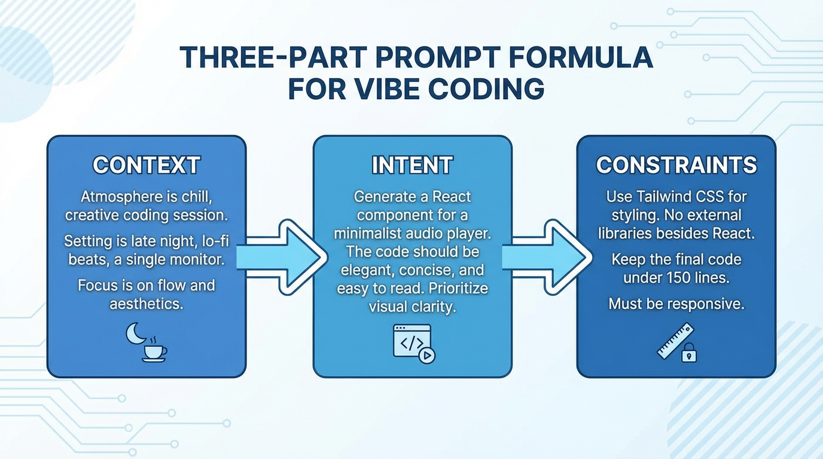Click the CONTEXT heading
pyautogui.click(x=147, y=166)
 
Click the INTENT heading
pyautogui.click(x=412, y=166)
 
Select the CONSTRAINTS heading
pyautogui.click(x=676, y=166)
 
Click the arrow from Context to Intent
pyautogui.click(x=281, y=257)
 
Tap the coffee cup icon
pyautogui.click(x=154, y=352)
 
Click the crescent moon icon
pyautogui.click(x=135, y=333)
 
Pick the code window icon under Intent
pyautogui.click(x=411, y=341)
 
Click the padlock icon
pyautogui.click(x=689, y=353)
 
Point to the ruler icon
pyautogui.click(x=675, y=341)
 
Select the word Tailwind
pyautogui.click(x=662, y=196)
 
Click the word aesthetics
pyautogui.click(x=146, y=304)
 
